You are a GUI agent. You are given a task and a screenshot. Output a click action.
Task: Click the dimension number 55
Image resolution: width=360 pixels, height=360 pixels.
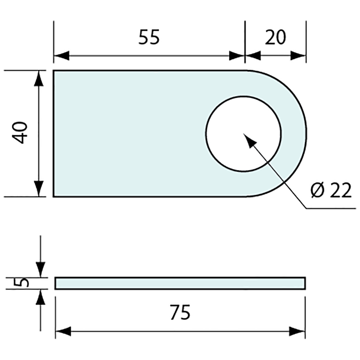[x=149, y=37]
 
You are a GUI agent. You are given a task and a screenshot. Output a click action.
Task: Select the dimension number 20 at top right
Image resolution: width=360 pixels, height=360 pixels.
[x=275, y=37]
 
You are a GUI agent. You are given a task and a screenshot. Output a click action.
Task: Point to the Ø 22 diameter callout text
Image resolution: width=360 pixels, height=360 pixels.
[x=331, y=190]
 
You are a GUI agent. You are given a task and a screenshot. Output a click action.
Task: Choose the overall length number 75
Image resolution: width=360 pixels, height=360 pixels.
[x=180, y=312]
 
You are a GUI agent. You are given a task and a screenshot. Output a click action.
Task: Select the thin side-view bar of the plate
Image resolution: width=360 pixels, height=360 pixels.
[x=180, y=283]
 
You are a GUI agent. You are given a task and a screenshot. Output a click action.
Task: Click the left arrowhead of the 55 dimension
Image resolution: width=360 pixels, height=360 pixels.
[x=62, y=56]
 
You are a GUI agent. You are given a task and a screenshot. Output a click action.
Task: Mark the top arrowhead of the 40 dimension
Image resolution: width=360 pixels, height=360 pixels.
[x=39, y=79]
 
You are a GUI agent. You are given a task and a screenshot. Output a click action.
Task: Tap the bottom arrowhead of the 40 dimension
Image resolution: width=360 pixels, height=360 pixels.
[x=39, y=189]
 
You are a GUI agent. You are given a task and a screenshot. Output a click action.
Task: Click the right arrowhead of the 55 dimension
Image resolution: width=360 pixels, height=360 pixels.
[x=237, y=56]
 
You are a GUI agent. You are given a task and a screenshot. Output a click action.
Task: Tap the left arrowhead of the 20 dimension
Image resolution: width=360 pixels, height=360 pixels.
[x=253, y=56]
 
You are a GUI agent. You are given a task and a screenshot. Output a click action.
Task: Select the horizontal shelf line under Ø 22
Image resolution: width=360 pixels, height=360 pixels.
[x=331, y=208]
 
